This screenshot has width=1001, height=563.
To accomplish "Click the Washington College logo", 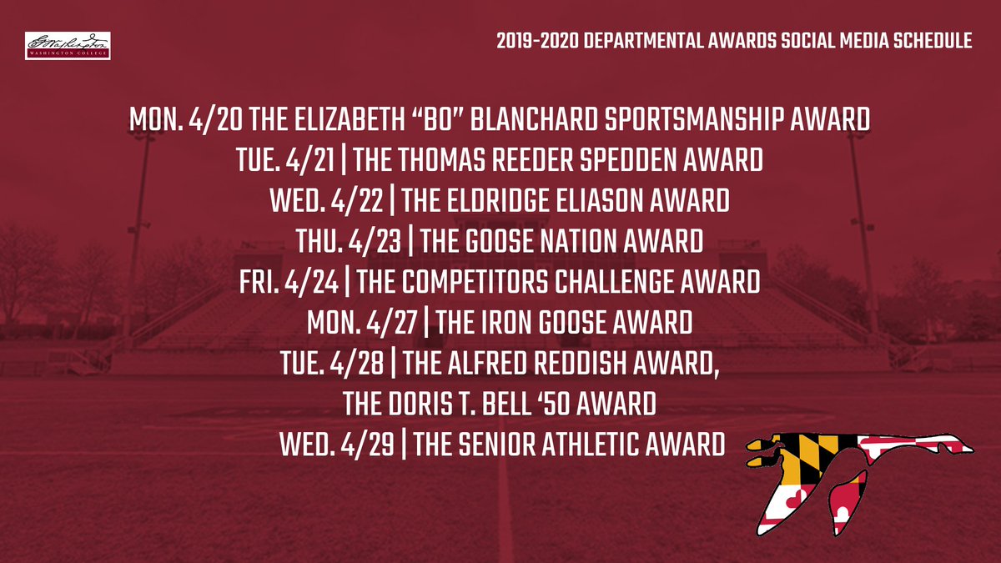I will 68,45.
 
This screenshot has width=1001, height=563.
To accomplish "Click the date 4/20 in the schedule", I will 216,120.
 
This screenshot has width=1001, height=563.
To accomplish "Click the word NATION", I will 570,241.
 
